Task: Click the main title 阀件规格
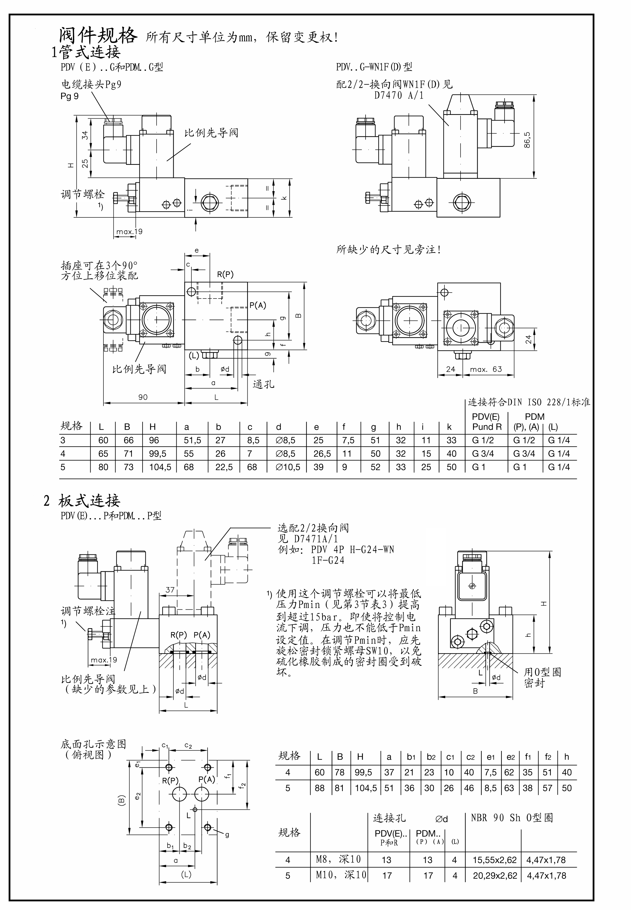tap(98, 36)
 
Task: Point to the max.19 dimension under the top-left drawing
tap(129, 232)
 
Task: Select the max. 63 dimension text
tap(486, 369)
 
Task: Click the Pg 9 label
tap(70, 96)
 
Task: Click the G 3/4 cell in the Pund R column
tap(483, 454)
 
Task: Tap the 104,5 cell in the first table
tap(160, 467)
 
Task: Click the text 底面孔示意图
tap(93, 744)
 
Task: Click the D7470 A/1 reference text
tap(399, 95)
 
